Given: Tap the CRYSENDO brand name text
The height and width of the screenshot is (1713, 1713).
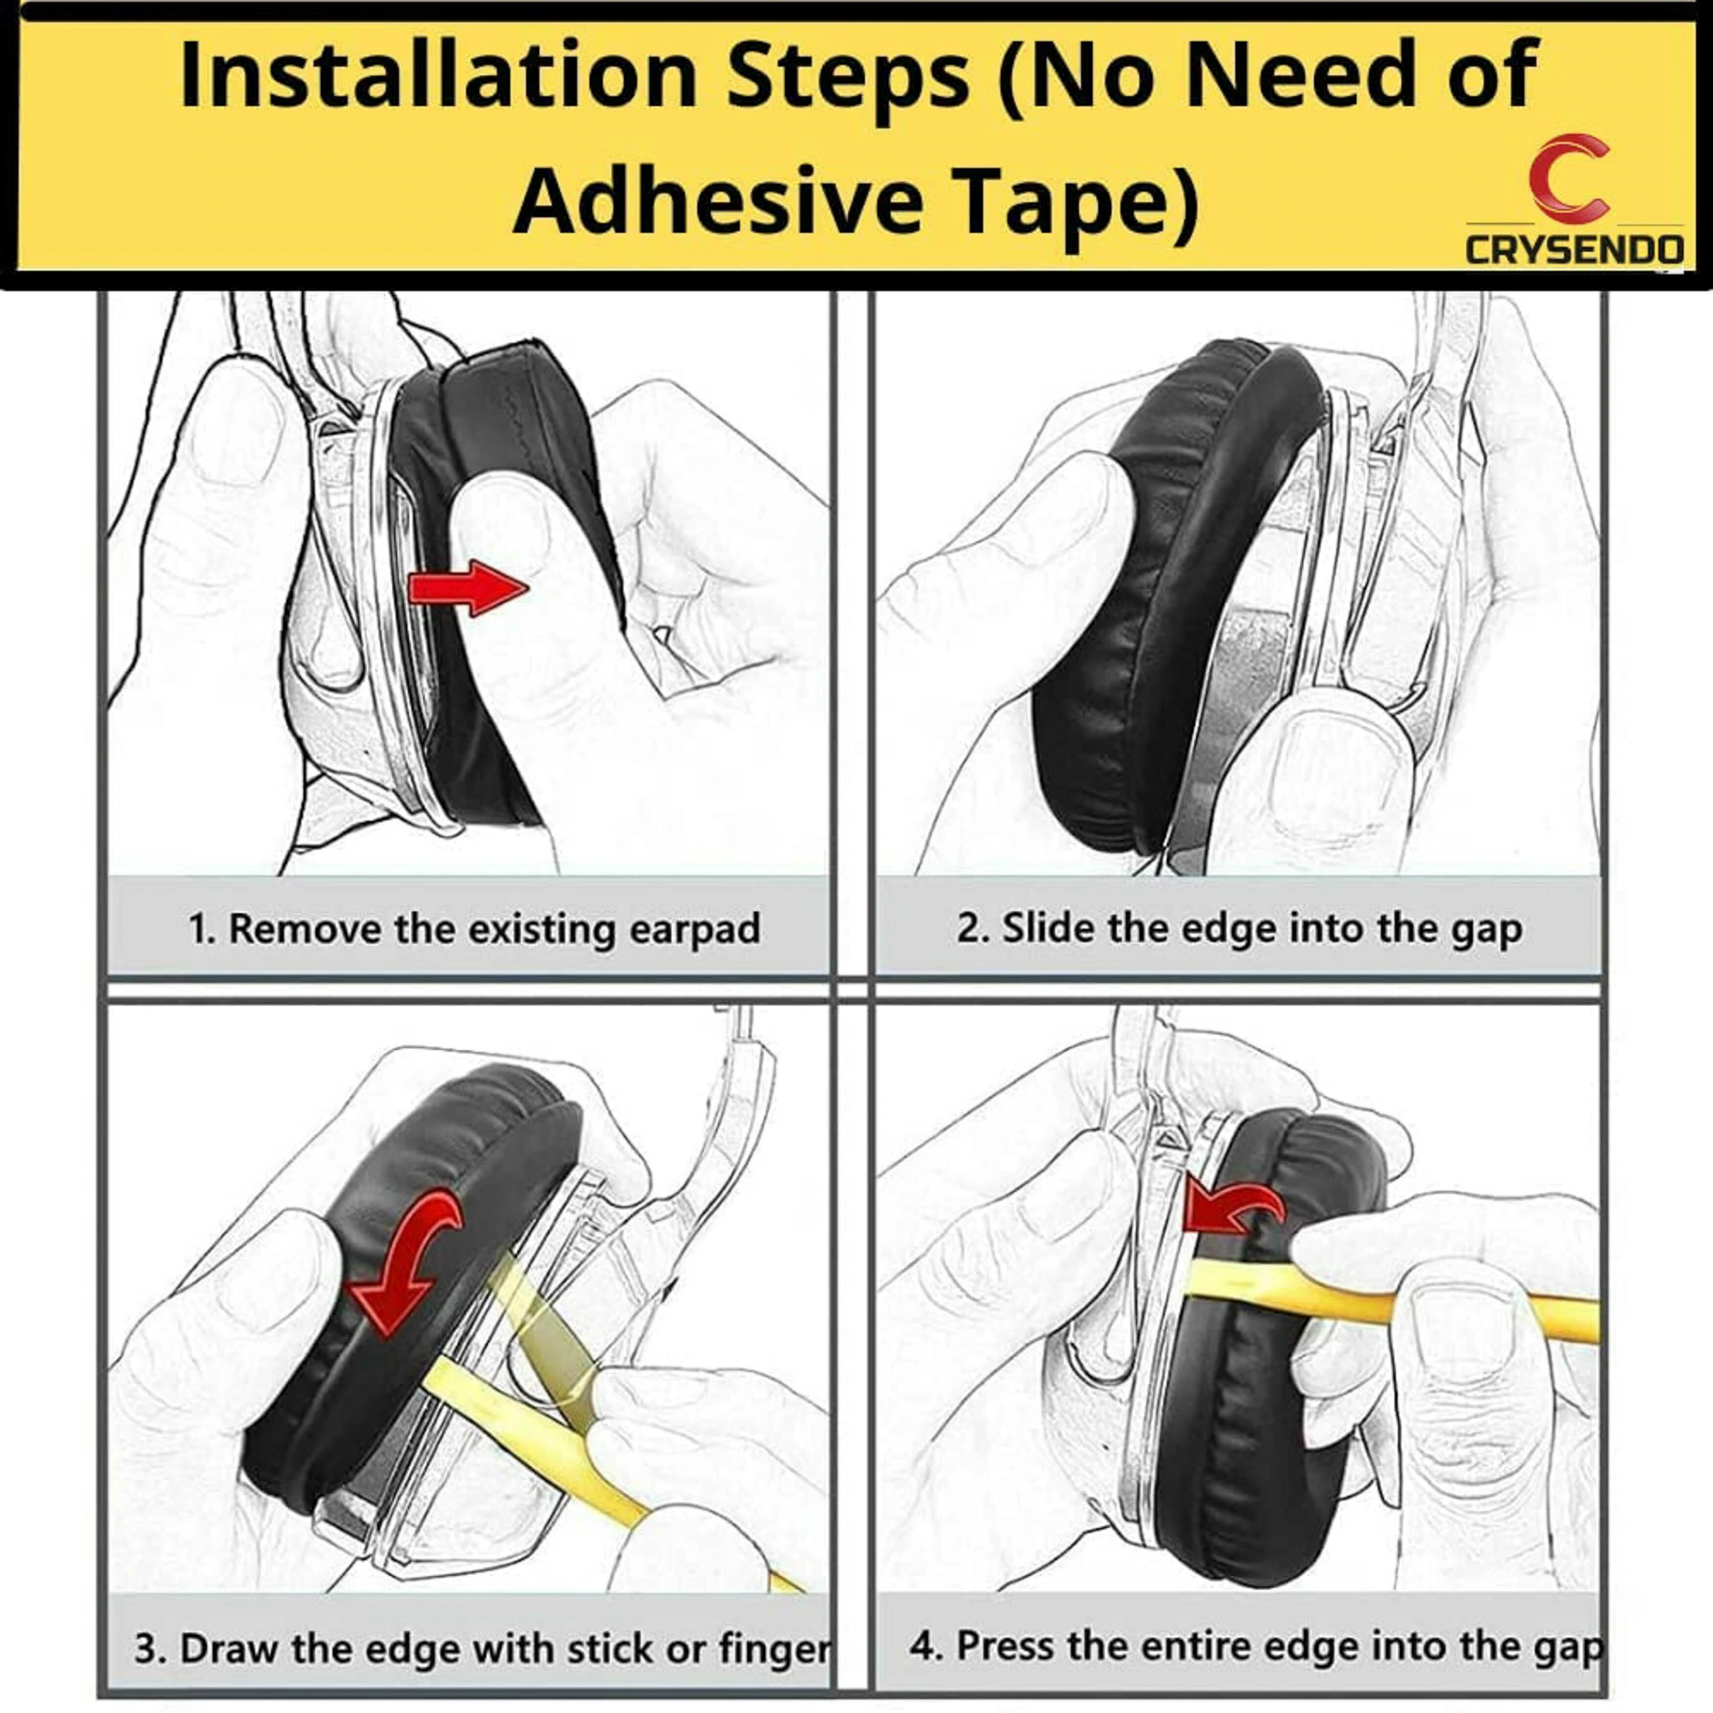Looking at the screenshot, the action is [1574, 249].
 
